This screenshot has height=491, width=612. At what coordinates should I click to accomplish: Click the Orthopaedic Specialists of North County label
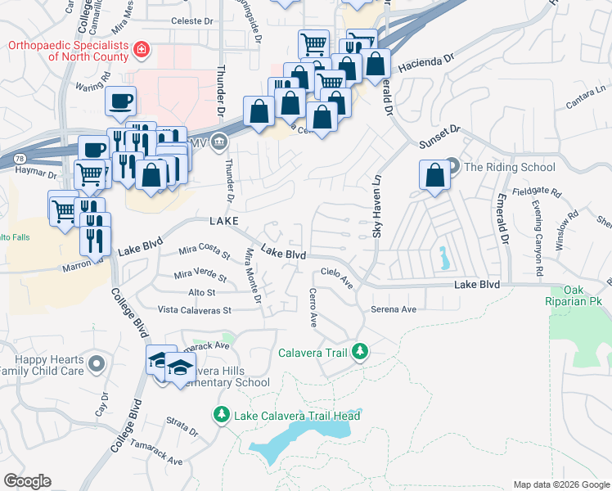tap(68, 51)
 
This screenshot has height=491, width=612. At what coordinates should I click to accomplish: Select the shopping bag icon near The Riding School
tap(434, 174)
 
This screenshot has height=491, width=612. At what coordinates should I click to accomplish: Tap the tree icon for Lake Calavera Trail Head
tap(221, 416)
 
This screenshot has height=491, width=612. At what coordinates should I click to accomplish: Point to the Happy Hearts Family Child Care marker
tap(97, 363)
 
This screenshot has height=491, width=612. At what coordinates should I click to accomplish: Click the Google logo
tap(27, 480)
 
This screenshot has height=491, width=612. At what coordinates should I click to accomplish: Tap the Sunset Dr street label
tap(440, 135)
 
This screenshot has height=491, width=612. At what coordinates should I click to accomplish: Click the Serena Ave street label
tap(394, 309)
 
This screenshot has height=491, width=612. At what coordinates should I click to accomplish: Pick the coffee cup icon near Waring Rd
tap(120, 101)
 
